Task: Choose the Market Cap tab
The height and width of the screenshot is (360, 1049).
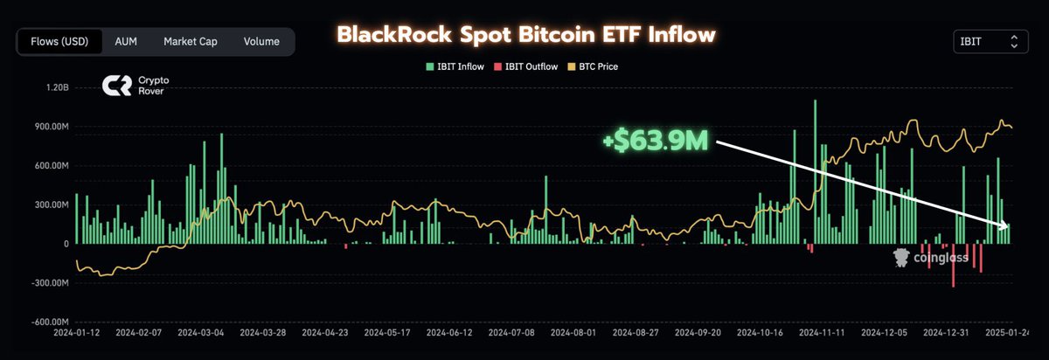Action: pyautogui.click(x=190, y=41)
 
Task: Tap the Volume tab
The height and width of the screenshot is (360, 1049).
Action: pyautogui.click(x=261, y=41)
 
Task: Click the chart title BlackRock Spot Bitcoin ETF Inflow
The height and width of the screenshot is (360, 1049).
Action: pyautogui.click(x=526, y=35)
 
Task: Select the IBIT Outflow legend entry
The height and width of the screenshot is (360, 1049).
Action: pyautogui.click(x=524, y=66)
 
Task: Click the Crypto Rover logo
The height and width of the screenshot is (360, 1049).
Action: pyautogui.click(x=135, y=85)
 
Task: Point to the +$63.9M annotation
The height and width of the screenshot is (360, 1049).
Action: pyautogui.click(x=655, y=141)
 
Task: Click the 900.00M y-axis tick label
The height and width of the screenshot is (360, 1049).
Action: pyautogui.click(x=49, y=127)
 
